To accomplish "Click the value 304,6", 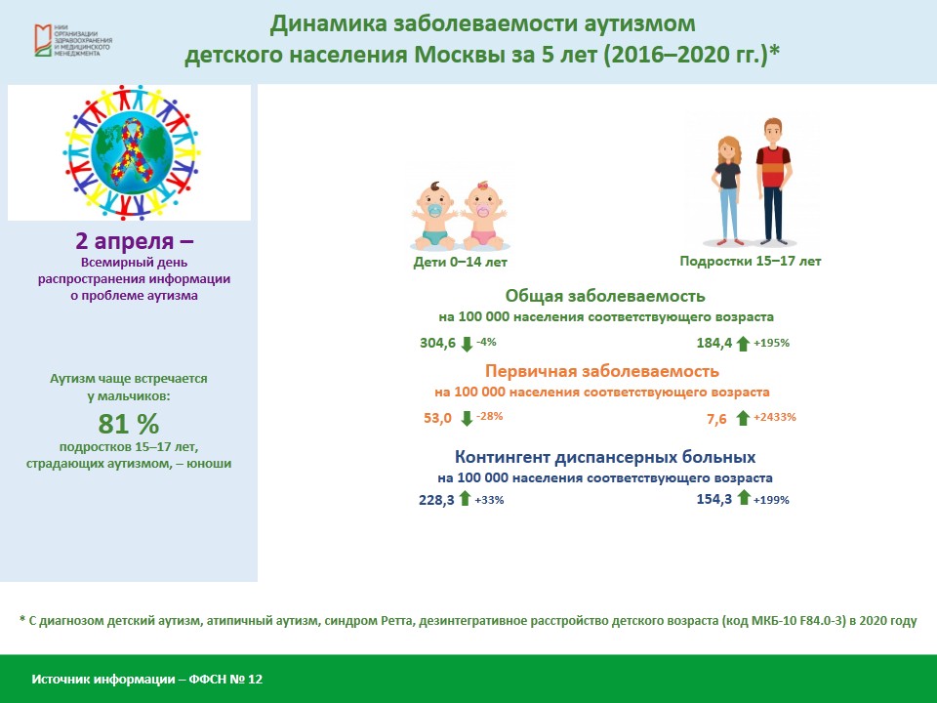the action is coord(437,343).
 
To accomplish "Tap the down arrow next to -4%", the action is coord(467,344).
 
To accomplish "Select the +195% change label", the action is coord(771,343).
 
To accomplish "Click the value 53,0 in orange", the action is coord(437,418).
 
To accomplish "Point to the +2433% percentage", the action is coord(774,417).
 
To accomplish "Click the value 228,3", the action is coord(436,500).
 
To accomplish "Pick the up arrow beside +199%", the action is coord(744,497).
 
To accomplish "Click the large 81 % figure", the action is coord(129,424).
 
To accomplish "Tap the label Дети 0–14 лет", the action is coord(460,262).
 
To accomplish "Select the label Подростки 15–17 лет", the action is coord(751,262).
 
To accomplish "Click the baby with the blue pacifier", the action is coord(435,216).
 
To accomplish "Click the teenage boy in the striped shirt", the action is coord(773,182).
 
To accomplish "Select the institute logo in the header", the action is coord(73,41).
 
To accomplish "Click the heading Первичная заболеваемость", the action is coord(602,371).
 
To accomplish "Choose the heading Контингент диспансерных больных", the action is coord(605,457).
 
